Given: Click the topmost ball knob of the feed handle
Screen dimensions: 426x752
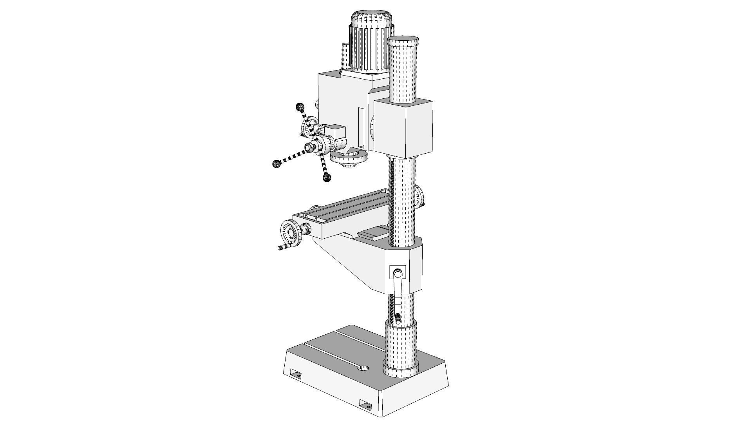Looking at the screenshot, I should (300, 107).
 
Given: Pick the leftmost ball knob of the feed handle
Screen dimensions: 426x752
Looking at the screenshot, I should (277, 163).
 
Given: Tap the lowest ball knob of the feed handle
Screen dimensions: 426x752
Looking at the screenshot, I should (327, 178).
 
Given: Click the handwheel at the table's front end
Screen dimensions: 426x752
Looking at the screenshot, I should (290, 234).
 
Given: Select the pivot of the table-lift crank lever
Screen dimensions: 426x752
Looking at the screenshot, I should (398, 273).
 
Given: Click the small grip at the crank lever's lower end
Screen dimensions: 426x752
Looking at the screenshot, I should (398, 318).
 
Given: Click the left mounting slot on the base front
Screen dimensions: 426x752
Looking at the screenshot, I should (296, 373).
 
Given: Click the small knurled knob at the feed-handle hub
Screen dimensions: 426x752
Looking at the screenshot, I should (310, 147).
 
